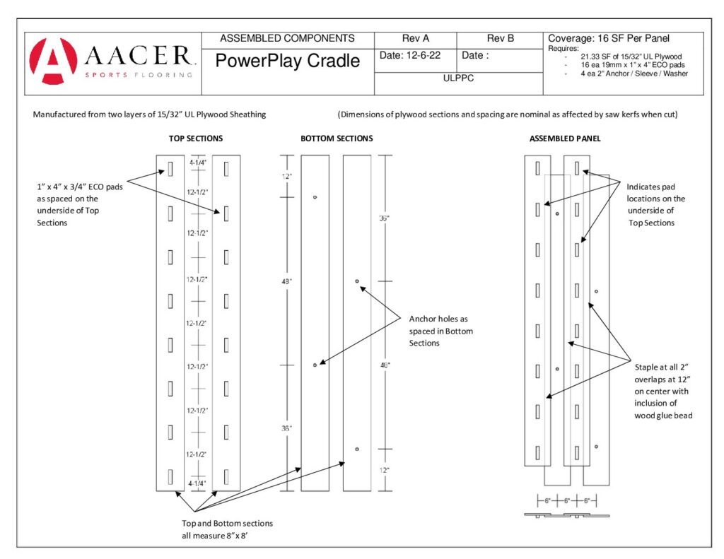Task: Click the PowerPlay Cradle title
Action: click(x=288, y=61)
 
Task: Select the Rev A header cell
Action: click(x=416, y=38)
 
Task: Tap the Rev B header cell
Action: click(x=500, y=38)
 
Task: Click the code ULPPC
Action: click(x=458, y=78)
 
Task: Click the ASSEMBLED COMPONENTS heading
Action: click(x=288, y=38)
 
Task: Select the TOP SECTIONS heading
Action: click(x=197, y=139)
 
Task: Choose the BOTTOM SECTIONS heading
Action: click(x=337, y=139)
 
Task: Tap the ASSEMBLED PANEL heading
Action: click(x=565, y=139)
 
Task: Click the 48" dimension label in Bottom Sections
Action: click(x=287, y=281)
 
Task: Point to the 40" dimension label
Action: click(x=385, y=365)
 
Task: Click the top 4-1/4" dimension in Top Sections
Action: click(x=199, y=163)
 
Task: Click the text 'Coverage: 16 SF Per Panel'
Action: click(x=608, y=38)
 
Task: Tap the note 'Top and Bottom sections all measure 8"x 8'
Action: click(x=227, y=529)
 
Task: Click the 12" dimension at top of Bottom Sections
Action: click(x=286, y=176)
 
